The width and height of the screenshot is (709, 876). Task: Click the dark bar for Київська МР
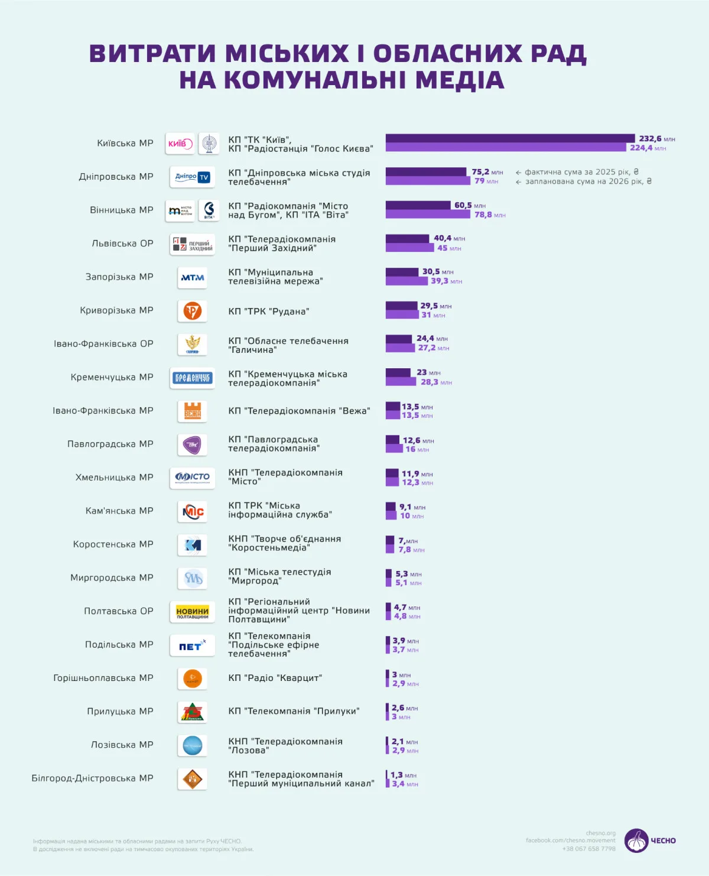[x=510, y=138]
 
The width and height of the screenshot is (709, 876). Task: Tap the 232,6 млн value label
[x=656, y=139]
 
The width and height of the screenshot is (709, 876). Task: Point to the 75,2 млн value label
[x=487, y=172]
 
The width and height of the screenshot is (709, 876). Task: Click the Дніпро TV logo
[x=192, y=177]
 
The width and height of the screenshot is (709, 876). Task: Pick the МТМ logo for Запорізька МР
[x=192, y=277]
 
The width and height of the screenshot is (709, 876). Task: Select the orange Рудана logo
[x=192, y=311]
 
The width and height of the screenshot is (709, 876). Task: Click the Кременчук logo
[x=192, y=378]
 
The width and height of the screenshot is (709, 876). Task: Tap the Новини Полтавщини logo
[x=192, y=612]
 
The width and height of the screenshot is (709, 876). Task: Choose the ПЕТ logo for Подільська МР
[x=192, y=645]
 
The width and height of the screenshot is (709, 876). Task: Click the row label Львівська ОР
[x=122, y=244]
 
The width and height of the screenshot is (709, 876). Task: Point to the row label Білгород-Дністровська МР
[x=92, y=778]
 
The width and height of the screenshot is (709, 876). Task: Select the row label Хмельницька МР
[x=114, y=478]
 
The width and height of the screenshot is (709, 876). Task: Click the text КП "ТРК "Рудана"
[x=268, y=312]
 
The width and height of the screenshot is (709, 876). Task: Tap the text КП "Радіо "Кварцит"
[x=275, y=678]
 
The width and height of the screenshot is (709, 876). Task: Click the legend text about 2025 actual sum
[x=581, y=172]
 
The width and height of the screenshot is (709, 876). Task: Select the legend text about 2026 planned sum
[x=588, y=181]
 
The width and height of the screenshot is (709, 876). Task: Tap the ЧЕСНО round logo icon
[x=636, y=841]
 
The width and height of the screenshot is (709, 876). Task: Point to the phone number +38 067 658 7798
[x=588, y=849]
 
